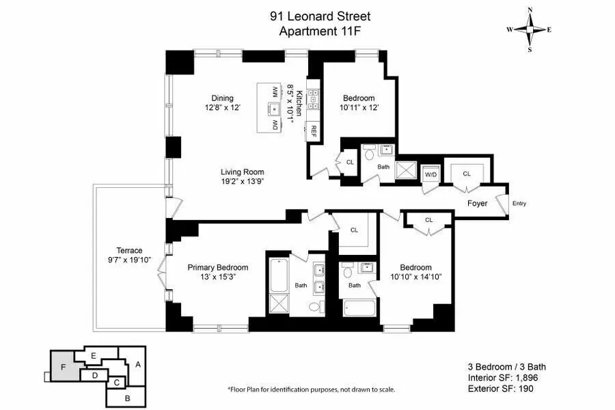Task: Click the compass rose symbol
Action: (530, 29)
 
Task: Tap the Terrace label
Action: (129, 251)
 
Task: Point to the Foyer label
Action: (477, 204)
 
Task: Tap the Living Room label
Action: (242, 172)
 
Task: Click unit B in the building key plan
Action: (126, 396)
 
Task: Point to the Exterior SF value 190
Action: (525, 389)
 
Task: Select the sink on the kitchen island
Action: (269, 108)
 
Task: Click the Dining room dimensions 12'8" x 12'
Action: (222, 108)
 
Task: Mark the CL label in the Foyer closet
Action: (467, 174)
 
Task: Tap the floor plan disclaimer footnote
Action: (311, 389)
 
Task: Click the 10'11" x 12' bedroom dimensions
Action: (359, 108)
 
